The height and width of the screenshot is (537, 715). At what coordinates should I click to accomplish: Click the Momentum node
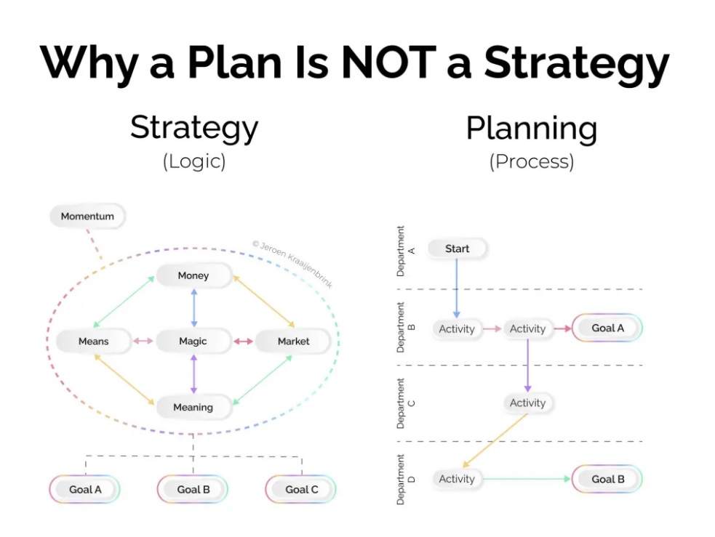click(87, 216)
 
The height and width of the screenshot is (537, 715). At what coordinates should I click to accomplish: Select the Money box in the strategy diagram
click(193, 275)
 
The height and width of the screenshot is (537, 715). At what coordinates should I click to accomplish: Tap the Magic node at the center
click(193, 341)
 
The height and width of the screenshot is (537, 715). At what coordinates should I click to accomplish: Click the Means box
click(94, 341)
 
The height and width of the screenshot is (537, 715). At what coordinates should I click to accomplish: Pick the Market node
click(293, 341)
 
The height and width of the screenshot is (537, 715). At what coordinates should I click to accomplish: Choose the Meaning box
click(193, 407)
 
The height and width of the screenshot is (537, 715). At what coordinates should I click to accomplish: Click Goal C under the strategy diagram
click(301, 489)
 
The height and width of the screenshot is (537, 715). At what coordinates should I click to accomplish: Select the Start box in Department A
click(457, 249)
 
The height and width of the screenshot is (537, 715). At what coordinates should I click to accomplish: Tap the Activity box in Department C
click(527, 403)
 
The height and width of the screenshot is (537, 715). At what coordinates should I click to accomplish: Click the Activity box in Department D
click(457, 479)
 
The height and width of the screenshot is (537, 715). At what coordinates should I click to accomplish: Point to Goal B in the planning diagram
click(607, 479)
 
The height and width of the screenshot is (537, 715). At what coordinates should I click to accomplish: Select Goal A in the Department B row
click(607, 328)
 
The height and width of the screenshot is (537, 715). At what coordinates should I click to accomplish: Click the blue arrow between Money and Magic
click(193, 308)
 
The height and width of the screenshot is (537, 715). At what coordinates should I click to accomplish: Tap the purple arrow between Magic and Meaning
click(193, 374)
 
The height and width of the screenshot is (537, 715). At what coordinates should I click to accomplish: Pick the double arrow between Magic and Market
click(243, 341)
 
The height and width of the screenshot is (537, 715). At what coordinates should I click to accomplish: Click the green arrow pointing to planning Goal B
click(527, 479)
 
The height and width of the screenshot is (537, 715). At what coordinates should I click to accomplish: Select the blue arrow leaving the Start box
click(457, 288)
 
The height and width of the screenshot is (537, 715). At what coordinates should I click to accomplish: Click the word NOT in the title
click(389, 62)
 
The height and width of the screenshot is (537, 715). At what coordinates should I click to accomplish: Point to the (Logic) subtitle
click(194, 161)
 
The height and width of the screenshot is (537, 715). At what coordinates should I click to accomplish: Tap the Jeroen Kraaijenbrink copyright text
click(292, 265)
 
